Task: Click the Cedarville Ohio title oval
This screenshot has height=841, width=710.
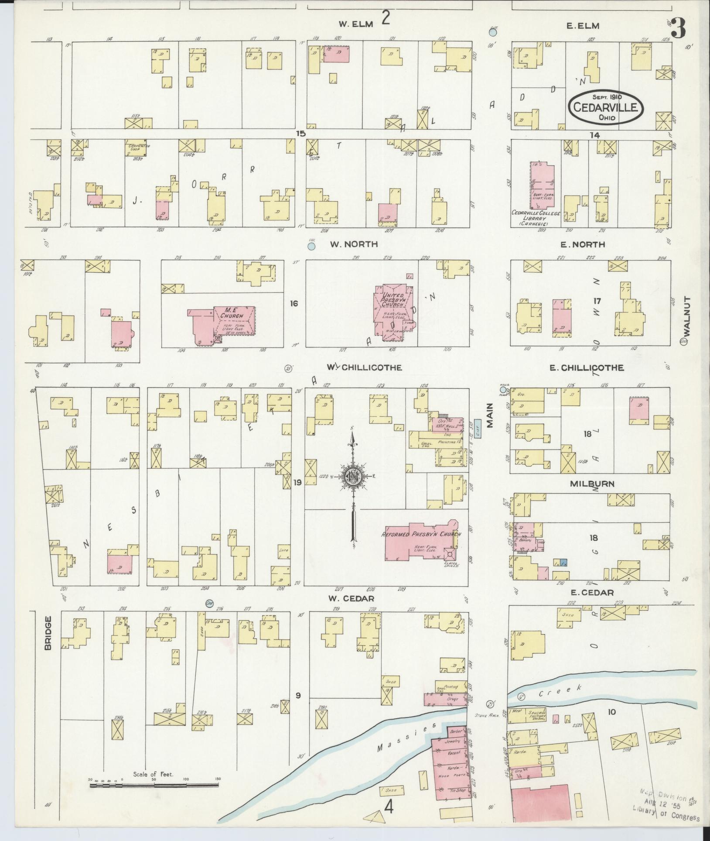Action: coord(606,106)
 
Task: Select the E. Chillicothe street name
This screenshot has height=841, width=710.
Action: coord(586,368)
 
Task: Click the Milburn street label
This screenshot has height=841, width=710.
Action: coord(592,484)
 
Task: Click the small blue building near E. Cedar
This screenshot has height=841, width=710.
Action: coord(563,563)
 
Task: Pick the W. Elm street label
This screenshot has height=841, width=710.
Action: coord(356,24)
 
